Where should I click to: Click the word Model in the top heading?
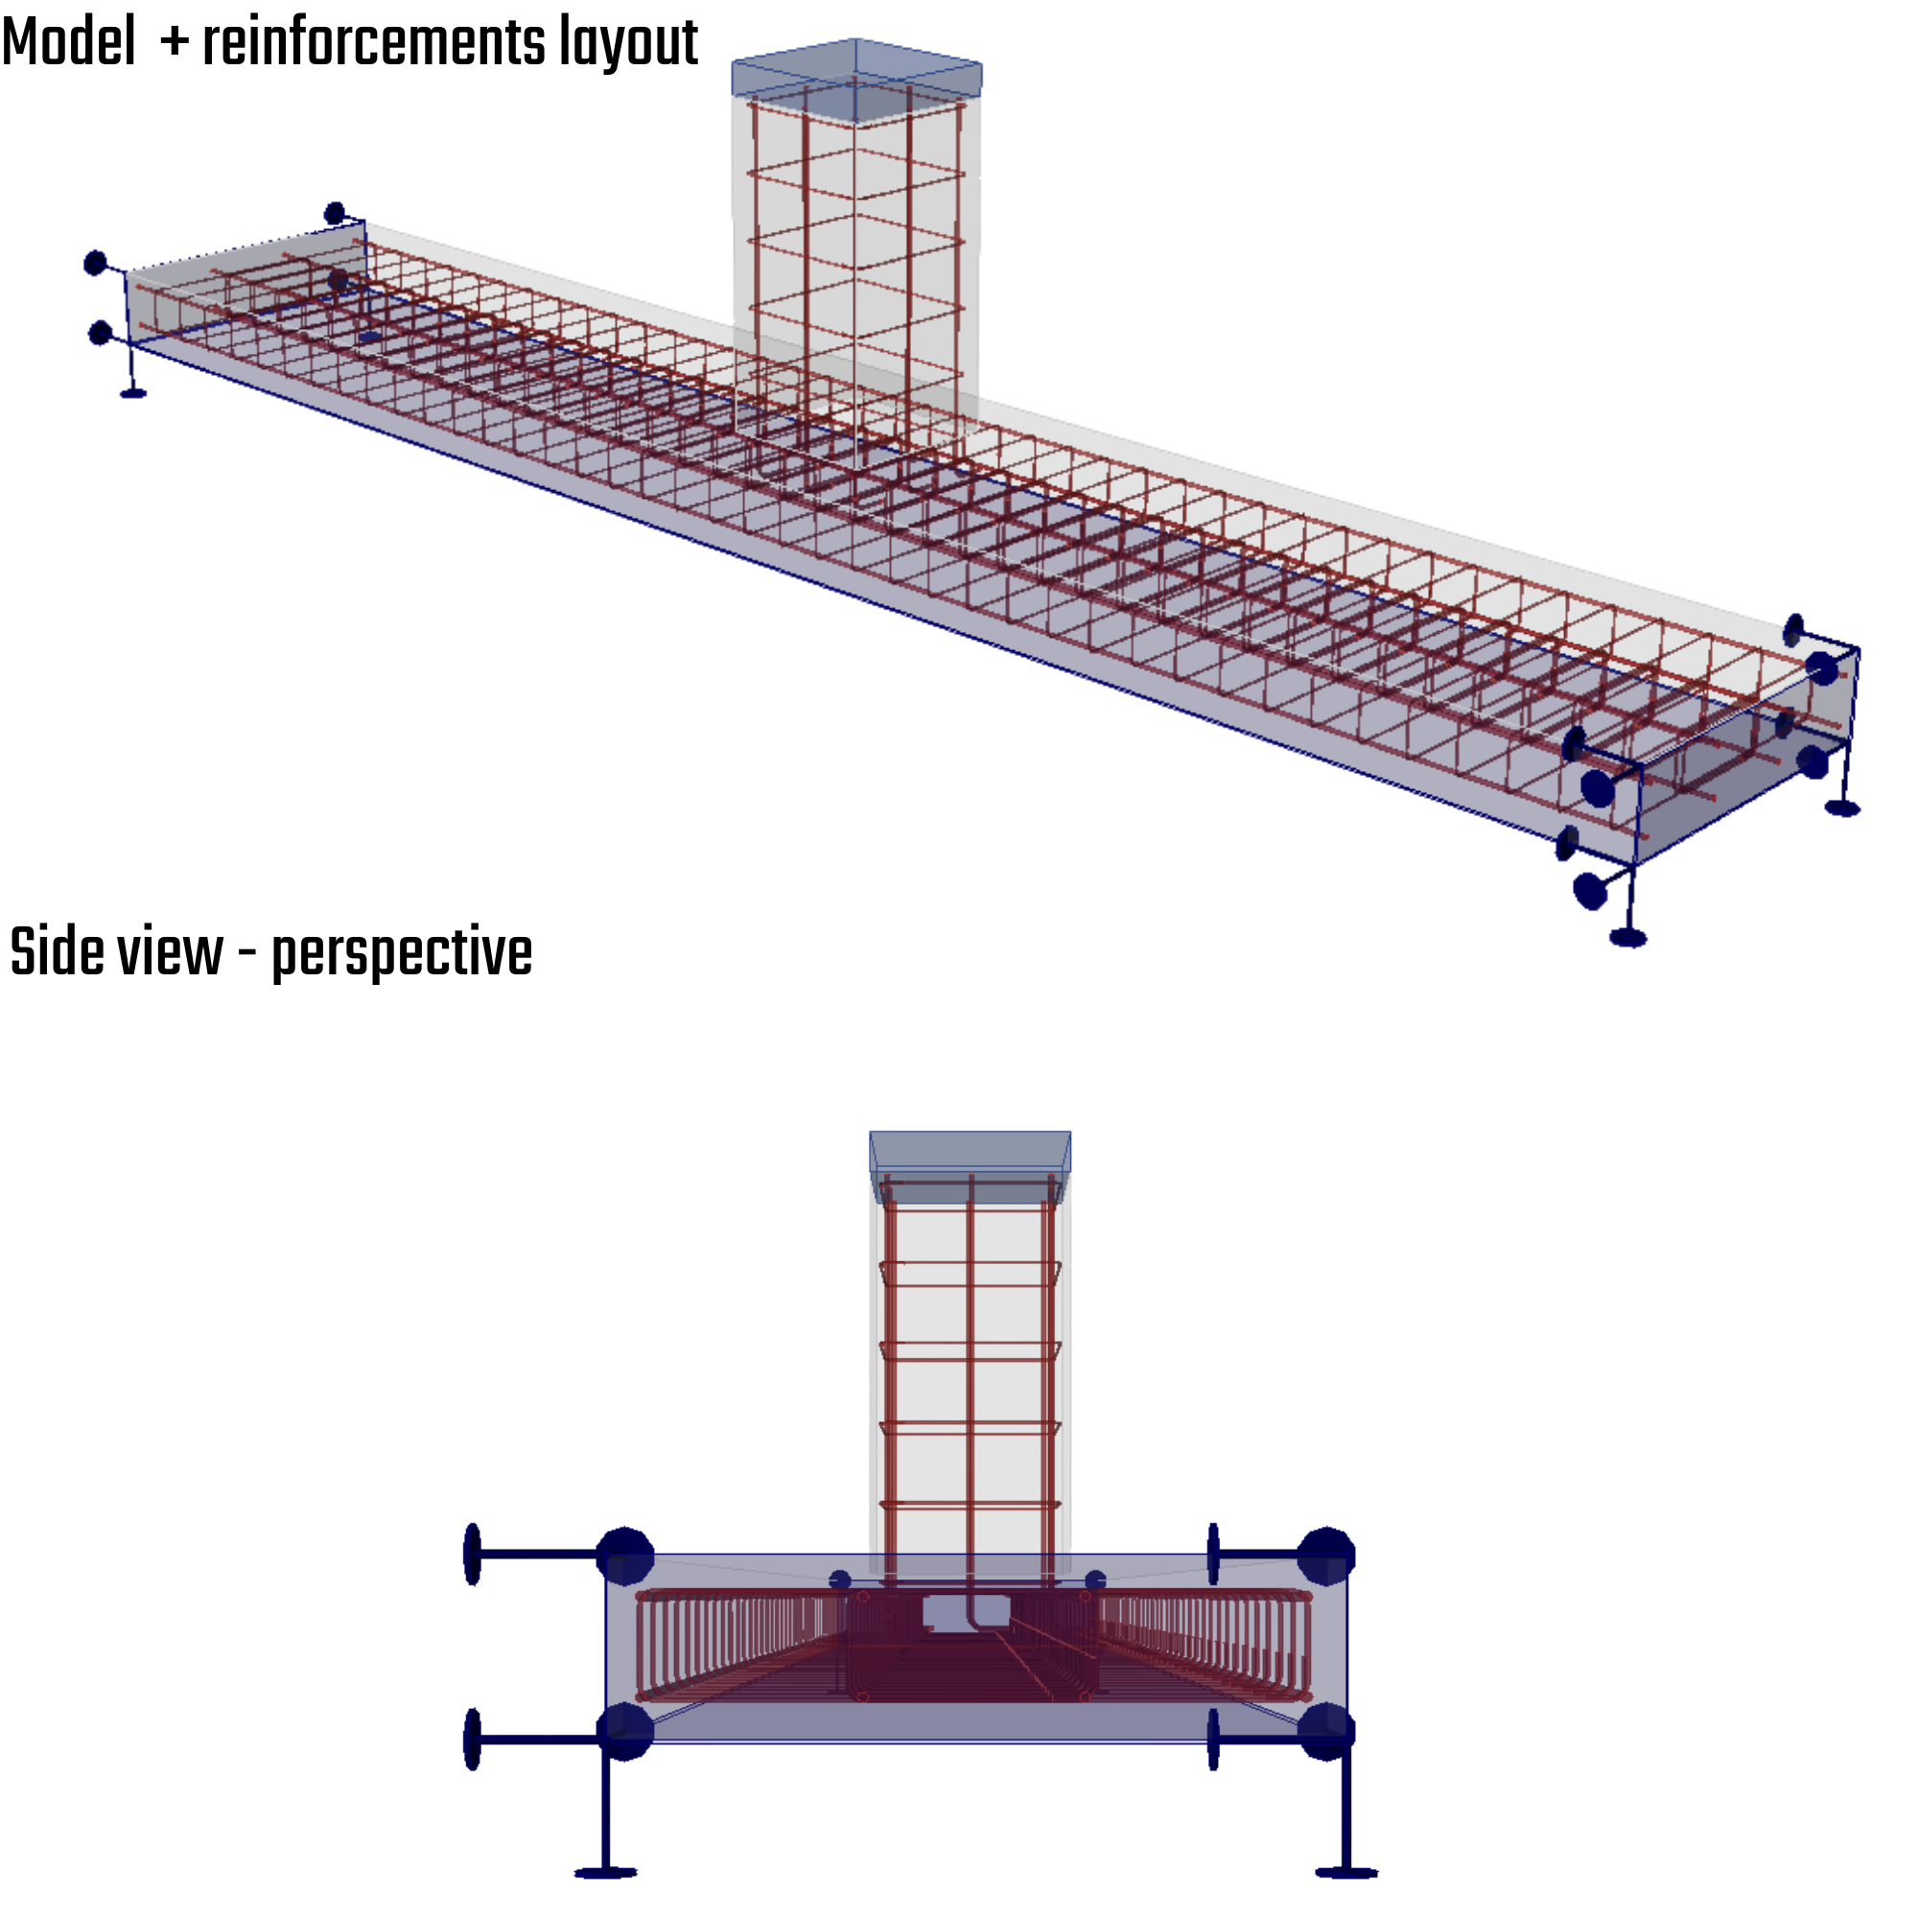68,44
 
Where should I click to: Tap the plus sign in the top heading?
175,44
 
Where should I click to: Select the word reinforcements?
373,44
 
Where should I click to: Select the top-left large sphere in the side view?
625,1555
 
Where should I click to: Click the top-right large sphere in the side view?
1325,1555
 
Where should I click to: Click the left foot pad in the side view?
605,1872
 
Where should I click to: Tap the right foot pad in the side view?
1346,1872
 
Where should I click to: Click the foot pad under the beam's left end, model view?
133,394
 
